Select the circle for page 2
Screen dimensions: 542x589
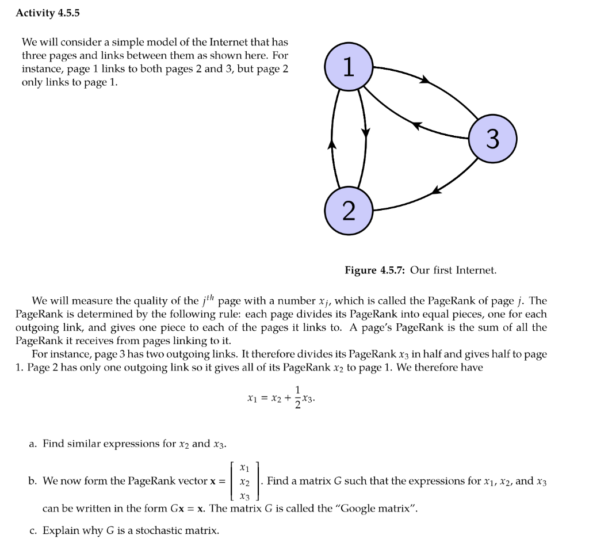(x=349, y=211)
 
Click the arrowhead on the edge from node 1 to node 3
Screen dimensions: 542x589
(x=425, y=79)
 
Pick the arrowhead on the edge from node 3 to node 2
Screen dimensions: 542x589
(x=437, y=189)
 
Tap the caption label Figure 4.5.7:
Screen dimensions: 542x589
(x=376, y=270)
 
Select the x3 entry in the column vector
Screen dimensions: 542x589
(x=244, y=496)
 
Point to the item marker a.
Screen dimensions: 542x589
(x=32, y=444)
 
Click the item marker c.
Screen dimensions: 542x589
(x=32, y=530)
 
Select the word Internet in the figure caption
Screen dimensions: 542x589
(x=476, y=270)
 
